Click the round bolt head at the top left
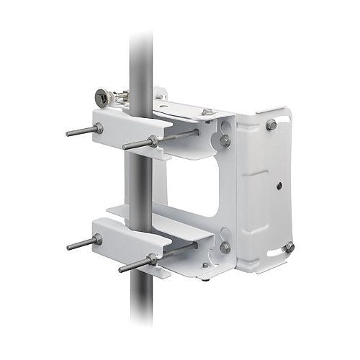(103, 96)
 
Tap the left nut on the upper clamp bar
(98, 128)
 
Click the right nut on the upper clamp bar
(153, 140)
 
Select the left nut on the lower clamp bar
(97, 239)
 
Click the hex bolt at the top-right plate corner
(271, 125)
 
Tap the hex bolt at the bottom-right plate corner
(289, 247)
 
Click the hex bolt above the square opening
(225, 140)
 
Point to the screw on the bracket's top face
(207, 112)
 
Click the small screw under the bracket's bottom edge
(205, 265)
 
